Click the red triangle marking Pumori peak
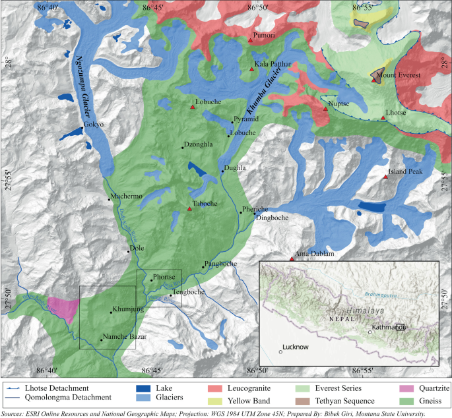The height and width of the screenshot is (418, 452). (250, 41)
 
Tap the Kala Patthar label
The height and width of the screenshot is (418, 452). (273, 65)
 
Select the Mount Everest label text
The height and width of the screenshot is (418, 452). (398, 76)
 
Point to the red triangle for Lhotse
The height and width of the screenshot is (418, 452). (383, 119)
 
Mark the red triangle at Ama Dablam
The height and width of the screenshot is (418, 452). (291, 259)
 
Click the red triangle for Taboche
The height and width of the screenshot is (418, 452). (189, 210)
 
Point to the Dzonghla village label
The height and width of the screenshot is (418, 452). (200, 148)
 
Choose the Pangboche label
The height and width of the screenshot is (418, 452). (220, 264)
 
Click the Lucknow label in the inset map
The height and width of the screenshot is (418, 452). (295, 347)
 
